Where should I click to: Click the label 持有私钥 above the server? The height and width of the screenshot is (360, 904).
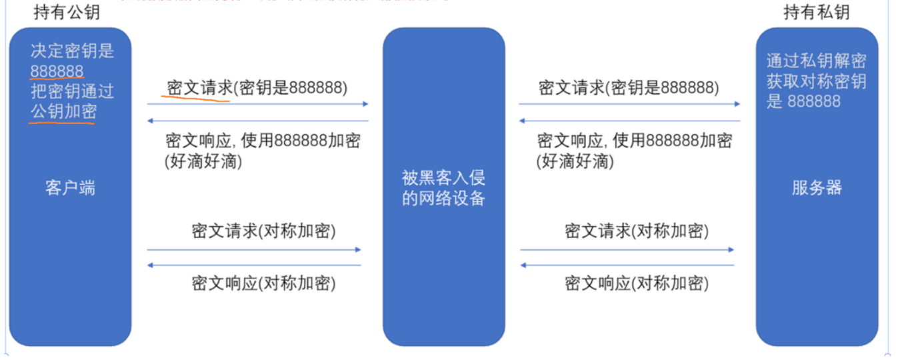pos(817,12)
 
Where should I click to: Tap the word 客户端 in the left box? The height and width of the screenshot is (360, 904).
pos(70,188)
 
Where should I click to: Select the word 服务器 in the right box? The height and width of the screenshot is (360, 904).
pos(817,188)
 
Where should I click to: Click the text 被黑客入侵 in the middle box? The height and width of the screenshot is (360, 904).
pos(443,178)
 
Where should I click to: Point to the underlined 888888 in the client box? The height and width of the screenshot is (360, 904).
pos(57,71)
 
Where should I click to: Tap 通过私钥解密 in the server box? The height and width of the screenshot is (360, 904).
pos(816,61)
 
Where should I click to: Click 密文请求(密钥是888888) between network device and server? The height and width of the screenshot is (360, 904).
pos(629,88)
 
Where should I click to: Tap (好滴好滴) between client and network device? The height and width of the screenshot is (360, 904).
pos(203,161)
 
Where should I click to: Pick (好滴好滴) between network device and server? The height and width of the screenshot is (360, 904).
pos(575,161)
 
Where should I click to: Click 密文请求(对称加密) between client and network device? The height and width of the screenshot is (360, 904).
pos(263,231)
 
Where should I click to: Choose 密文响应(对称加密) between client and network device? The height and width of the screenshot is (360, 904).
pos(263,283)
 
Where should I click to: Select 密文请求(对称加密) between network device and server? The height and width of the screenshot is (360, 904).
pos(637,231)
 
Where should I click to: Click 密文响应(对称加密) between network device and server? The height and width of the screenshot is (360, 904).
pos(637,283)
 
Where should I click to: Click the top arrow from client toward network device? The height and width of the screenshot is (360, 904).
pos(257,104)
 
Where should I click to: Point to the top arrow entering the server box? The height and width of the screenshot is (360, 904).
pos(629,104)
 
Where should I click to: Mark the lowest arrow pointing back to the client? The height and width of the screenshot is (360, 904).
pos(253,265)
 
